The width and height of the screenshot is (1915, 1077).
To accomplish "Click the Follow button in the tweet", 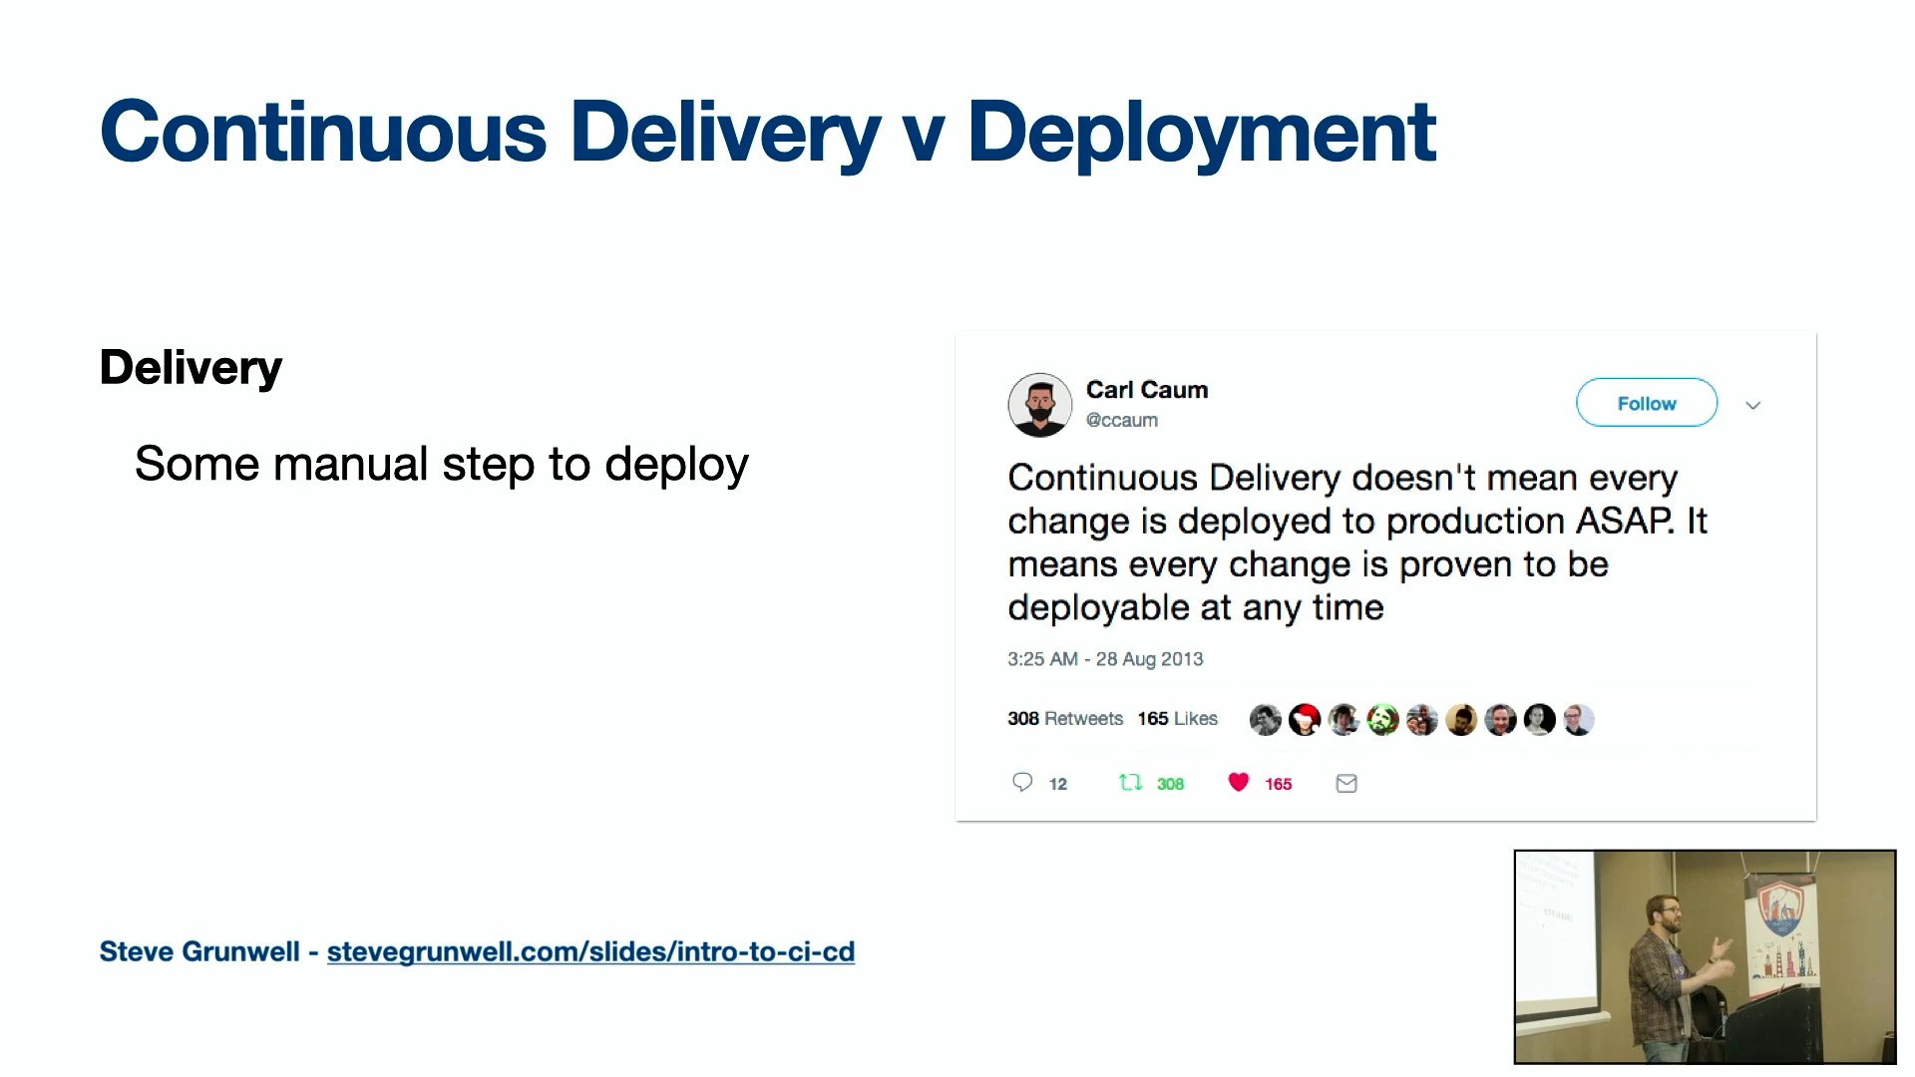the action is point(1647,403).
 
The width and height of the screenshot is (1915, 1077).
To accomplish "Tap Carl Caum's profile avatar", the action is point(1040,405).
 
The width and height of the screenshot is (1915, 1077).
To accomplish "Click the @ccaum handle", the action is point(1122,421).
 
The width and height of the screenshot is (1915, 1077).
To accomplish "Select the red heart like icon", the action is point(1239,783).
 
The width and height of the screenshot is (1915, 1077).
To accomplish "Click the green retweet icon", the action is point(1130,783).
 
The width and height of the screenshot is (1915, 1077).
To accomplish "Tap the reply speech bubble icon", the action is point(1022,783).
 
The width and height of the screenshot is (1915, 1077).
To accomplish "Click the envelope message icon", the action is point(1346,784).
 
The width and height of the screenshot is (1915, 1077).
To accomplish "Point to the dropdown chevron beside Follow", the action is point(1753,405).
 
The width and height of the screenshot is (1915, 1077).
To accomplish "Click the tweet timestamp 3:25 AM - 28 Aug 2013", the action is point(1105,659).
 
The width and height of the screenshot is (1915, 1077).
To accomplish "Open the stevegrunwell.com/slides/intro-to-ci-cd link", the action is point(590,951).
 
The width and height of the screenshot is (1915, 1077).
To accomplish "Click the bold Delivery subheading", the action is point(191,367).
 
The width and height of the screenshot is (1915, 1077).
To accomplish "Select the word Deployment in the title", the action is point(1202,133).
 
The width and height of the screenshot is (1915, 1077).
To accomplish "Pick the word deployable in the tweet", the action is point(1098,607).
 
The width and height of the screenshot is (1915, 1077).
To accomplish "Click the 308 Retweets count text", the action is point(1065,719).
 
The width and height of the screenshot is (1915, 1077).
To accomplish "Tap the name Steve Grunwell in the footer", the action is point(199,951).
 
